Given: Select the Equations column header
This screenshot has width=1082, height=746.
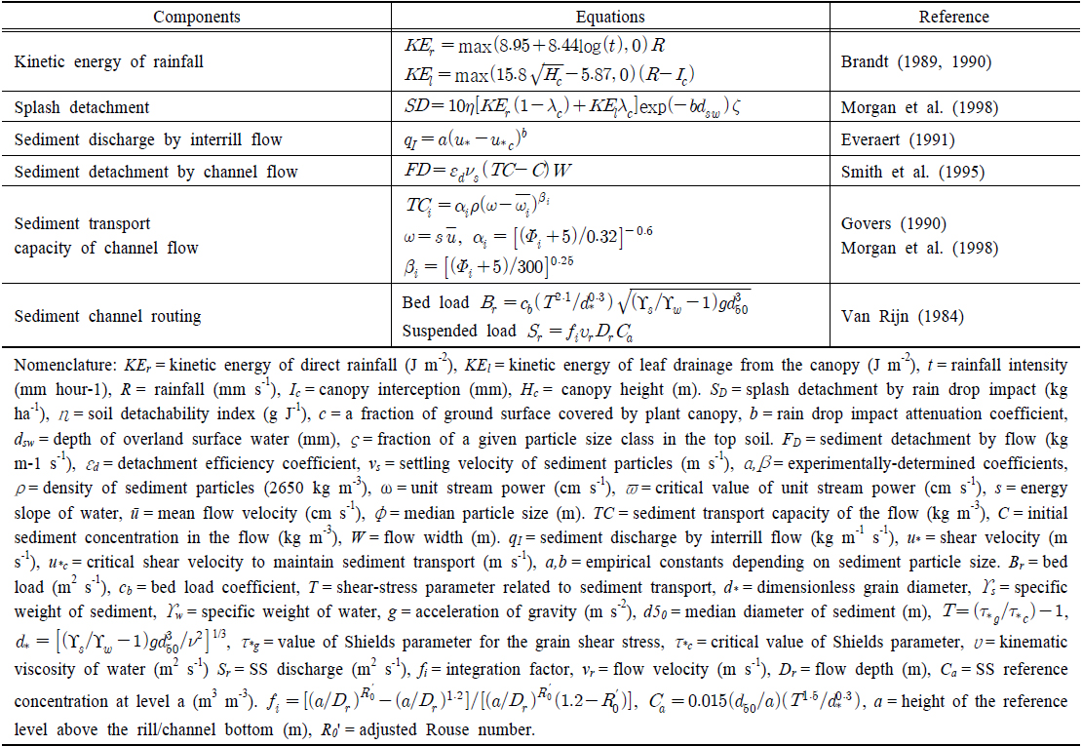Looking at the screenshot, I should [x=611, y=17].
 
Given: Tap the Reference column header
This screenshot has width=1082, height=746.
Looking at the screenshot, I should [x=953, y=17].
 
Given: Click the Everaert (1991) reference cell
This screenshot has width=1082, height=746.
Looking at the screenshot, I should [x=899, y=140].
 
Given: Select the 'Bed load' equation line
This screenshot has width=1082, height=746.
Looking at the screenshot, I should [x=576, y=300].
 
